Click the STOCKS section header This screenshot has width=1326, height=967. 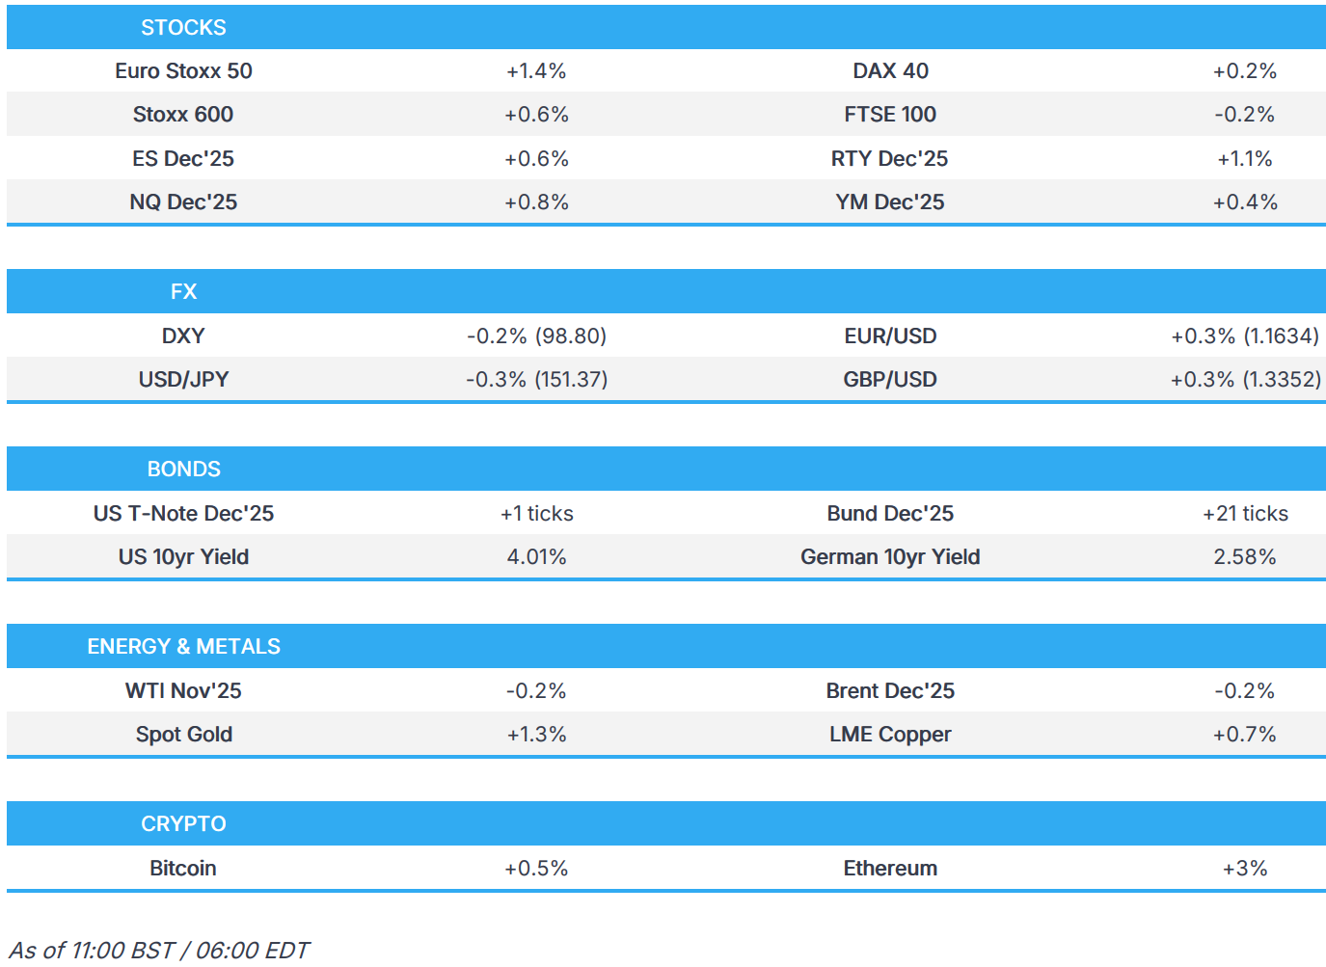click(x=183, y=27)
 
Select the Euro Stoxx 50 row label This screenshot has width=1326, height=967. click(x=183, y=71)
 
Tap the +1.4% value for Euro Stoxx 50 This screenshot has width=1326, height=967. click(x=536, y=71)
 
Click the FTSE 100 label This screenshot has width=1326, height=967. click(x=890, y=115)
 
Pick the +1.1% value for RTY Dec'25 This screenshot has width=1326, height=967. click(x=1244, y=159)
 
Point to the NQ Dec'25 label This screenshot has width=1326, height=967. click(x=183, y=202)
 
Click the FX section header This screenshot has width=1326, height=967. click(x=183, y=291)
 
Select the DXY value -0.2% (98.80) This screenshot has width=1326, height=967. click(x=536, y=336)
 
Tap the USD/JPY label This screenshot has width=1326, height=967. click(x=183, y=380)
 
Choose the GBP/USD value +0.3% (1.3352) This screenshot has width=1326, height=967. click(x=1245, y=380)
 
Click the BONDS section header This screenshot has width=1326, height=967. click(x=183, y=469)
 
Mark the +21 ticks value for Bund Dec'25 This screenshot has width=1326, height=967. click(x=1245, y=514)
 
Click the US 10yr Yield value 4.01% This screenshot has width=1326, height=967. click(x=536, y=557)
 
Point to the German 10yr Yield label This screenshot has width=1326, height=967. click(x=890, y=557)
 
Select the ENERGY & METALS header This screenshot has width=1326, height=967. click(x=183, y=646)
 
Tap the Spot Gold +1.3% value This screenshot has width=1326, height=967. click(x=536, y=735)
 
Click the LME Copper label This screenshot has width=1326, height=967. click(x=890, y=735)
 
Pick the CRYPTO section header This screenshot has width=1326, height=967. click(x=183, y=823)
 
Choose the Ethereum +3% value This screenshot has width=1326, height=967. click(x=1245, y=869)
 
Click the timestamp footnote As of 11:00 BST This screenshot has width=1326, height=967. click(x=159, y=951)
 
